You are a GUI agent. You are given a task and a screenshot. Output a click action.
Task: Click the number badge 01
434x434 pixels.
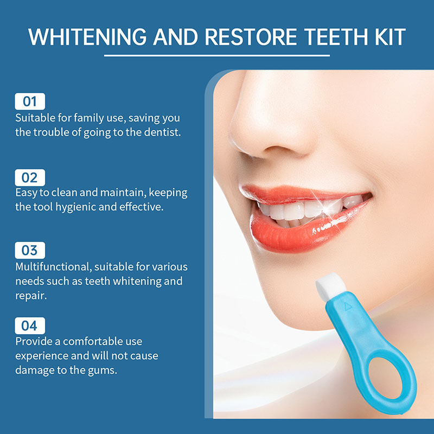30,101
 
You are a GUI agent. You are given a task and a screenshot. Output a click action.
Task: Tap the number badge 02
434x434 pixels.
30,177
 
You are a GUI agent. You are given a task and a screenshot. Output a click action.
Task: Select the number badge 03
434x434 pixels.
30,250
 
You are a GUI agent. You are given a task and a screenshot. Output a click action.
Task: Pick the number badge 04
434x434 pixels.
30,325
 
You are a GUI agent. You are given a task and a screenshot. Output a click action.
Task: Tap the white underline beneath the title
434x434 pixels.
216,55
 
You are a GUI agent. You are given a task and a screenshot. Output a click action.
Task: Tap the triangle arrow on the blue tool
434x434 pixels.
348,307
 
